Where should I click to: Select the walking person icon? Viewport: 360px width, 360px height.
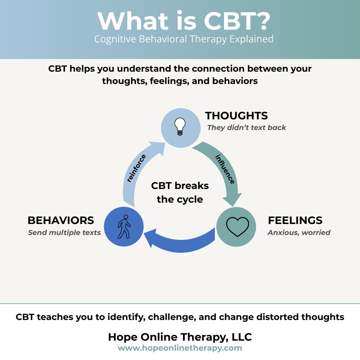[124, 227]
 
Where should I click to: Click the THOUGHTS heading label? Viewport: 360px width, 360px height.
[236, 116]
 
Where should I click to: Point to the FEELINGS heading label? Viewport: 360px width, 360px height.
[295, 220]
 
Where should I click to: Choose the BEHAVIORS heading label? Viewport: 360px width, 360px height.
[61, 220]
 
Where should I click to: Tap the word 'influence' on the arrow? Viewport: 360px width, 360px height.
[225, 169]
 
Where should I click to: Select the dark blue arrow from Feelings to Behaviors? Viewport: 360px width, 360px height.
[182, 241]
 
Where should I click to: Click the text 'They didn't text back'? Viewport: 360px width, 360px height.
[246, 128]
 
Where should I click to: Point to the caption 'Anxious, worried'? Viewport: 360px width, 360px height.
[299, 232]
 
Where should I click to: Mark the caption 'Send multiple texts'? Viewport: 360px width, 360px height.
[64, 232]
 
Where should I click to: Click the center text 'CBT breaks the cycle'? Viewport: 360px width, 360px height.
[180, 192]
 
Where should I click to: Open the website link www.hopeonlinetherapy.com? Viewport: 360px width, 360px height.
[180, 348]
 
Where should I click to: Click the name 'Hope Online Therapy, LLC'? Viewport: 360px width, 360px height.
[180, 337]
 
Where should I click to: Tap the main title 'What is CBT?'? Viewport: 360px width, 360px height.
[184, 21]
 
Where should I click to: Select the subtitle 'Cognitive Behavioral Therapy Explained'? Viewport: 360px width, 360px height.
[184, 39]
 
